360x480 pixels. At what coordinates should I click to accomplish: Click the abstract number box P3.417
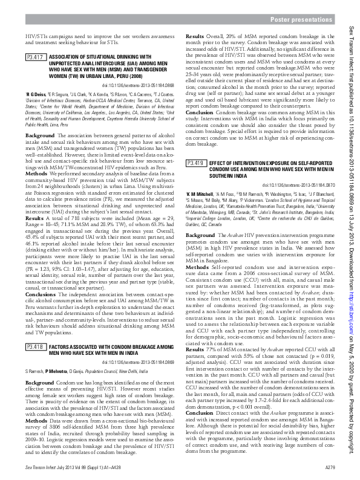[37, 57]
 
